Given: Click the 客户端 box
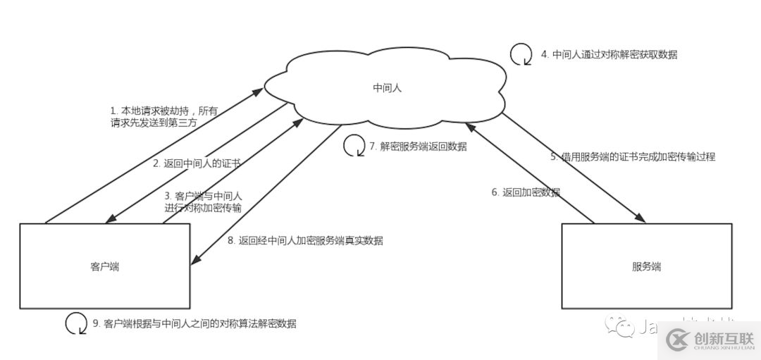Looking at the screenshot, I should point(104,266).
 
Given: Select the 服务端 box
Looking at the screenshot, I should point(646,266).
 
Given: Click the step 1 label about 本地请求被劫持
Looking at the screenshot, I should point(164,116).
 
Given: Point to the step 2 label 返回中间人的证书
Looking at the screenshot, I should point(197,163).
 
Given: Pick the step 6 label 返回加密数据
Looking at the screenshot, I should point(526,192).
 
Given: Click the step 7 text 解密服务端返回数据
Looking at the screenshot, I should point(418,147).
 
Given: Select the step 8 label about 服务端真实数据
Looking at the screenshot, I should point(305,240).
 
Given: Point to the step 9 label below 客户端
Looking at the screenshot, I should point(194,324).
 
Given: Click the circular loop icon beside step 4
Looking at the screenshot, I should point(521,54).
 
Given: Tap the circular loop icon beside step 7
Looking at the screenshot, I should point(353,146).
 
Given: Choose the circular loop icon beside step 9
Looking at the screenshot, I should point(76,323).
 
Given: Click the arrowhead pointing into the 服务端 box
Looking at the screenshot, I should point(643,218).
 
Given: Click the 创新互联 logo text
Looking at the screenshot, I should point(723,339).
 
